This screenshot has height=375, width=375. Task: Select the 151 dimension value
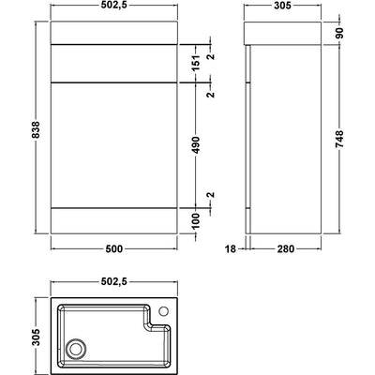point(196,63)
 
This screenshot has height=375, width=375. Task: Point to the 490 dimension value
point(196,144)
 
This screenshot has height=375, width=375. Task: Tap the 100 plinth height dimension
point(196,220)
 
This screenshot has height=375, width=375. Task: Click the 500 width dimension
point(113,249)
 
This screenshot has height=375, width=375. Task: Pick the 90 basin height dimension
point(339,33)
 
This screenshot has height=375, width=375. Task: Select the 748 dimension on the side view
point(339,139)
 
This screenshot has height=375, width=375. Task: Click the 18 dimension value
point(231,249)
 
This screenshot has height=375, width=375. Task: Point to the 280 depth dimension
point(286,249)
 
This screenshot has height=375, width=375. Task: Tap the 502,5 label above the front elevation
point(113,6)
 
